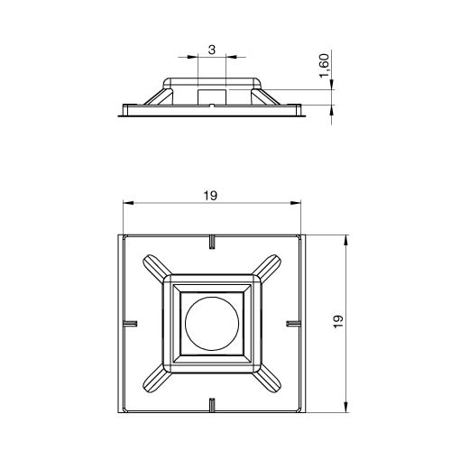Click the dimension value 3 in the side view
pyautogui.click(x=212, y=50)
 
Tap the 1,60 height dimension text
pyautogui.click(x=325, y=65)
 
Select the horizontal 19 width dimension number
pyautogui.click(x=210, y=196)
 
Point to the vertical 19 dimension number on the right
pyautogui.click(x=338, y=321)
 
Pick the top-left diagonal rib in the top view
pyautogui.click(x=154, y=265)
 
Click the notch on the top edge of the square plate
pyautogui.click(x=212, y=242)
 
